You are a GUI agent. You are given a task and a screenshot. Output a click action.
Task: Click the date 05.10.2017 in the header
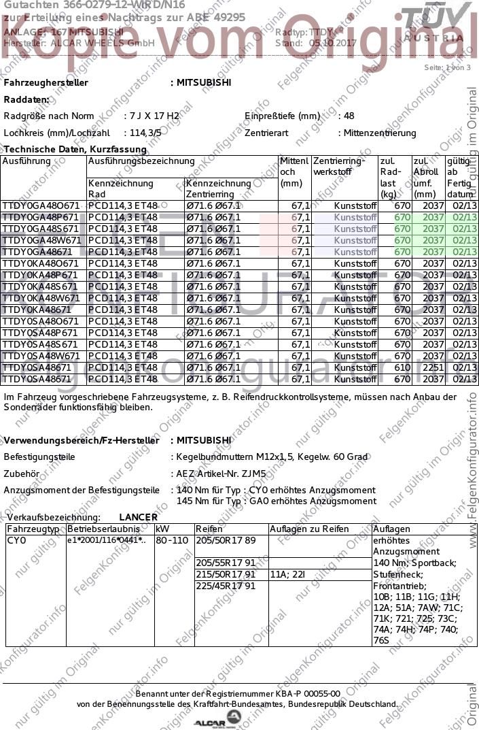(x=333, y=42)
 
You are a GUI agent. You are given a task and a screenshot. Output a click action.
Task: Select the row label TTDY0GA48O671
(x=41, y=205)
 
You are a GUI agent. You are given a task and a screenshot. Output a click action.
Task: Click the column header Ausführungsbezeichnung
(x=141, y=161)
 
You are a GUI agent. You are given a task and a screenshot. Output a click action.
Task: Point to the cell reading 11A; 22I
(x=288, y=574)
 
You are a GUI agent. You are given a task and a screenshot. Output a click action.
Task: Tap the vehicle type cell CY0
(x=16, y=540)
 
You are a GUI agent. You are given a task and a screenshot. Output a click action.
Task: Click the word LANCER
(x=138, y=517)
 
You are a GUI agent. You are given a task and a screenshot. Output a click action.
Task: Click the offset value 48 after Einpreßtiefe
(x=349, y=116)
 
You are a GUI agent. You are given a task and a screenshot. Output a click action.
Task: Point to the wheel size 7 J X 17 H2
(x=153, y=116)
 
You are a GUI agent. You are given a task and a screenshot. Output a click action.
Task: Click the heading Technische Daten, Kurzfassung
(x=75, y=149)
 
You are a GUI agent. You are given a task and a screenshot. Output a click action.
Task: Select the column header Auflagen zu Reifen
(x=309, y=529)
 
